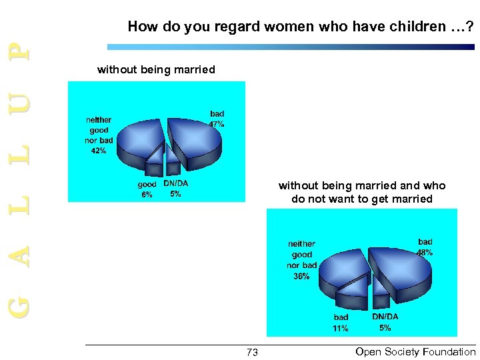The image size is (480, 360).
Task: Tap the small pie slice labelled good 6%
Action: point(155,154)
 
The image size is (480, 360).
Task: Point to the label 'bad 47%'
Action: point(217,119)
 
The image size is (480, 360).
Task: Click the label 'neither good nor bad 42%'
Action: point(99,135)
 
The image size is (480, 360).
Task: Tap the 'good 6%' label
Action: point(147,189)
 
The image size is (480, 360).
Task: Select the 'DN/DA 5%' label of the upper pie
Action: point(175,189)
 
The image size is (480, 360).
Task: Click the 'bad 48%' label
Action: point(425,247)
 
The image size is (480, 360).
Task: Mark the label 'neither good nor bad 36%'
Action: point(301,260)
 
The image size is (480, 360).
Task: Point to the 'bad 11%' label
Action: point(341,323)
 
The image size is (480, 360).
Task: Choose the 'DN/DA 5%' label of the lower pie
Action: point(385,322)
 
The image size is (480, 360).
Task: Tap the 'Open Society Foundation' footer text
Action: point(415,352)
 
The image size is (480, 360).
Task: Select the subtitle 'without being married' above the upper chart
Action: point(156,69)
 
